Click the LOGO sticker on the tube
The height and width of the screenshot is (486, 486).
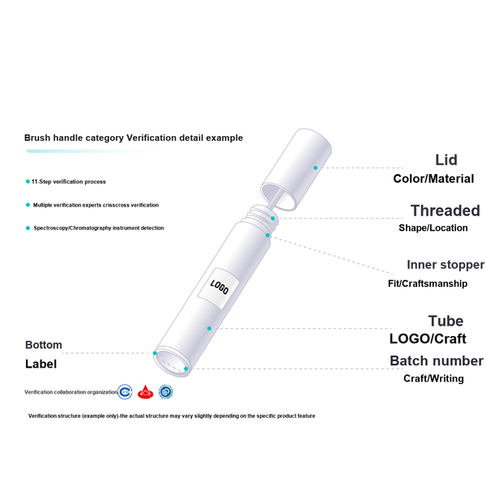219,288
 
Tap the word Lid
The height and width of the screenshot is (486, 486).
446,160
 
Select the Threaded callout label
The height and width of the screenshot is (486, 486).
445,211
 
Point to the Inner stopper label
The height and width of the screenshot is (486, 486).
446,265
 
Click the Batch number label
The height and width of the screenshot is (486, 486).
437,360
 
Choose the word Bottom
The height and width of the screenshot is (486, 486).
44,345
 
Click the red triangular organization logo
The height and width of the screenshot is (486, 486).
145,392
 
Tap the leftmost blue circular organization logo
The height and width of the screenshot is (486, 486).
125,392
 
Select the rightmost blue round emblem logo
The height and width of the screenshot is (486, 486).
165,392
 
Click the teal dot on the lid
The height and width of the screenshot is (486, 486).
316,168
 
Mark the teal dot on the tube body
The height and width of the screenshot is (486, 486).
209,328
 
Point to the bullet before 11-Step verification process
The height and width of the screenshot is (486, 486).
28,181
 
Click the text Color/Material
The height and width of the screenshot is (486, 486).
433,179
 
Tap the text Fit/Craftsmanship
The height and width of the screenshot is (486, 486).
428,283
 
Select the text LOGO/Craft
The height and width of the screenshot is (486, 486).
428,339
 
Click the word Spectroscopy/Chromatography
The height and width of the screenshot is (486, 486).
72,228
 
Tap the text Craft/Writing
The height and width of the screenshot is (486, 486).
433,378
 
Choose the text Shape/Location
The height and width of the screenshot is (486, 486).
433,228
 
